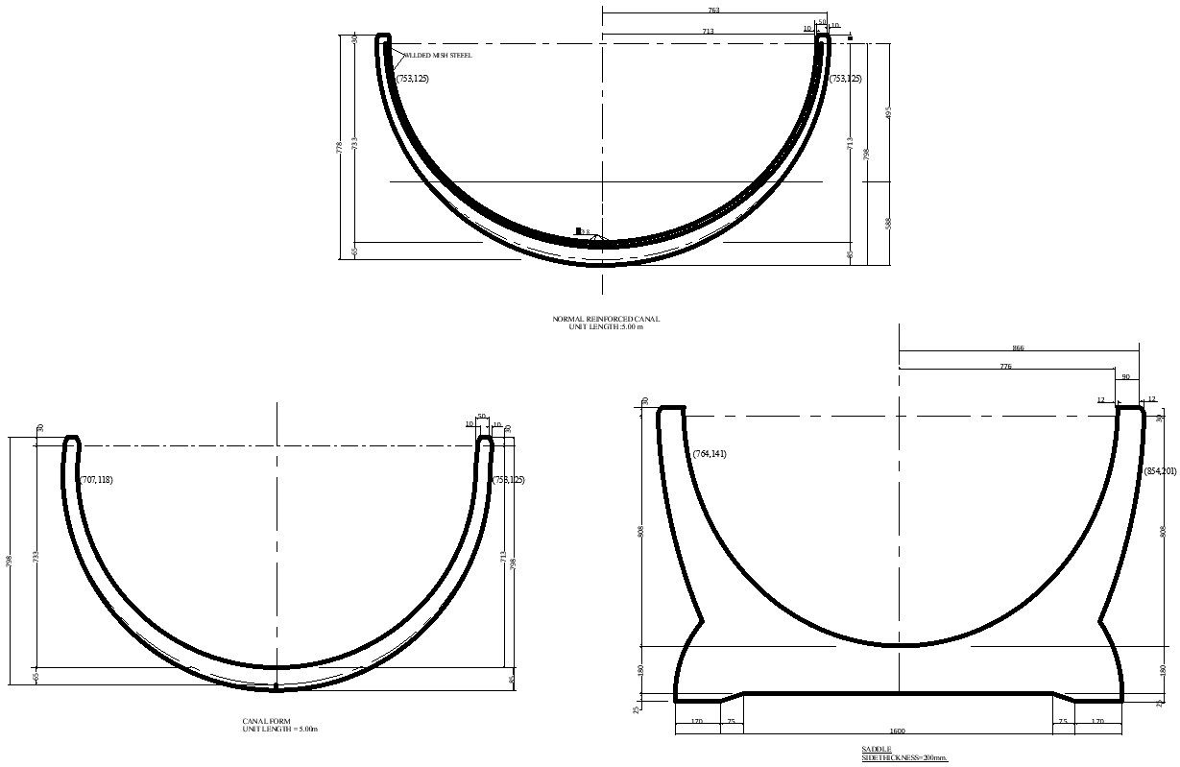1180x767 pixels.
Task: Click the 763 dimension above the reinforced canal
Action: click(x=713, y=11)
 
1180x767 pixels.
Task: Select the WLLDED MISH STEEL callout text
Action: click(x=437, y=56)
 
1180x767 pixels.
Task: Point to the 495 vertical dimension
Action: click(x=888, y=112)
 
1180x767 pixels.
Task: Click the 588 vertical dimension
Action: click(x=888, y=223)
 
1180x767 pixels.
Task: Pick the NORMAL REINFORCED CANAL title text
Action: click(x=606, y=319)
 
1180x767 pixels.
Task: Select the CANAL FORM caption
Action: click(x=266, y=721)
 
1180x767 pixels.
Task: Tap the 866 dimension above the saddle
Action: click(x=1018, y=348)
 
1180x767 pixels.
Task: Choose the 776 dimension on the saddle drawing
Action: click(x=1005, y=367)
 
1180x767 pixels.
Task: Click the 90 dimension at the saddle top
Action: click(x=1125, y=377)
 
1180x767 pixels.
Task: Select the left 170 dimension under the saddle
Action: click(x=696, y=721)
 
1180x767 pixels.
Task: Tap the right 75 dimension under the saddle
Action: click(x=1063, y=721)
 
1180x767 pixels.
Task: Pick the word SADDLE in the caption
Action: click(x=876, y=749)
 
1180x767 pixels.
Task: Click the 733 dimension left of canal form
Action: click(x=36, y=557)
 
